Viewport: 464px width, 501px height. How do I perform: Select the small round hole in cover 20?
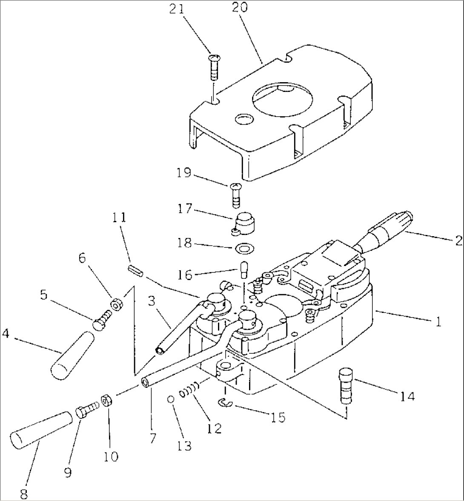tap(243, 119)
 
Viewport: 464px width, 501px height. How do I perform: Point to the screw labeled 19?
tap(235, 193)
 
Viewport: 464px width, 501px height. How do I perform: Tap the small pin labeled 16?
tap(243, 269)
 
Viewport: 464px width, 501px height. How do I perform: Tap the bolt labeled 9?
tap(85, 411)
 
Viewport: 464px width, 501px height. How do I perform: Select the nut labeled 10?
tap(106, 401)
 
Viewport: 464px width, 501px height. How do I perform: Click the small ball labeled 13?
tap(171, 399)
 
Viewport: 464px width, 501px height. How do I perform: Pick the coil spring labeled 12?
tap(189, 390)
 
